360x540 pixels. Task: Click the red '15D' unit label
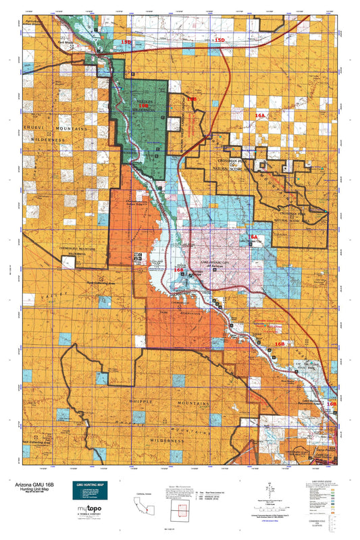(218, 41)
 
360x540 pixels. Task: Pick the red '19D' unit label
(126, 42)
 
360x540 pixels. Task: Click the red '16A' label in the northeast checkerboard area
(261, 115)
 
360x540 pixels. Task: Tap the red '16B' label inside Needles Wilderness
(143, 106)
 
